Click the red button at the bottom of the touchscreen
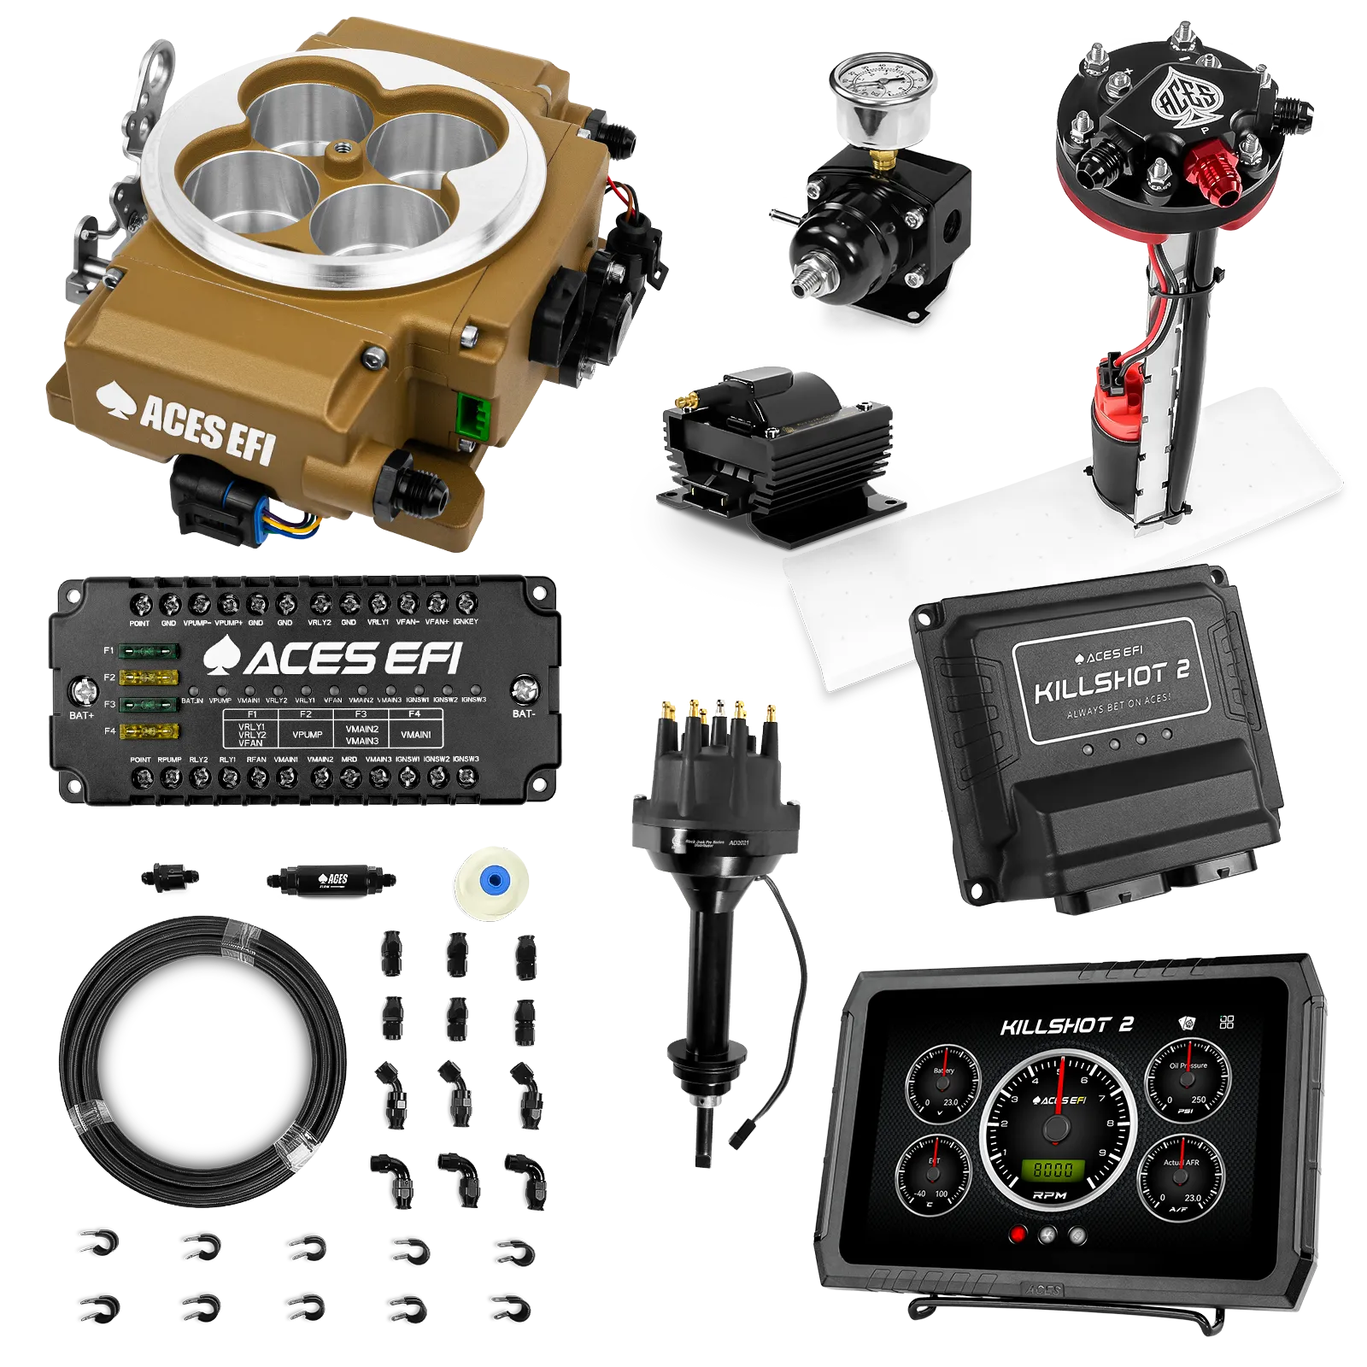(1018, 1235)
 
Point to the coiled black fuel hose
(205, 1059)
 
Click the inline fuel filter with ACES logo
(333, 879)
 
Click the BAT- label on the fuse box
(524, 713)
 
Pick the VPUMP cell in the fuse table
(307, 735)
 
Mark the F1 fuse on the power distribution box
(149, 652)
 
